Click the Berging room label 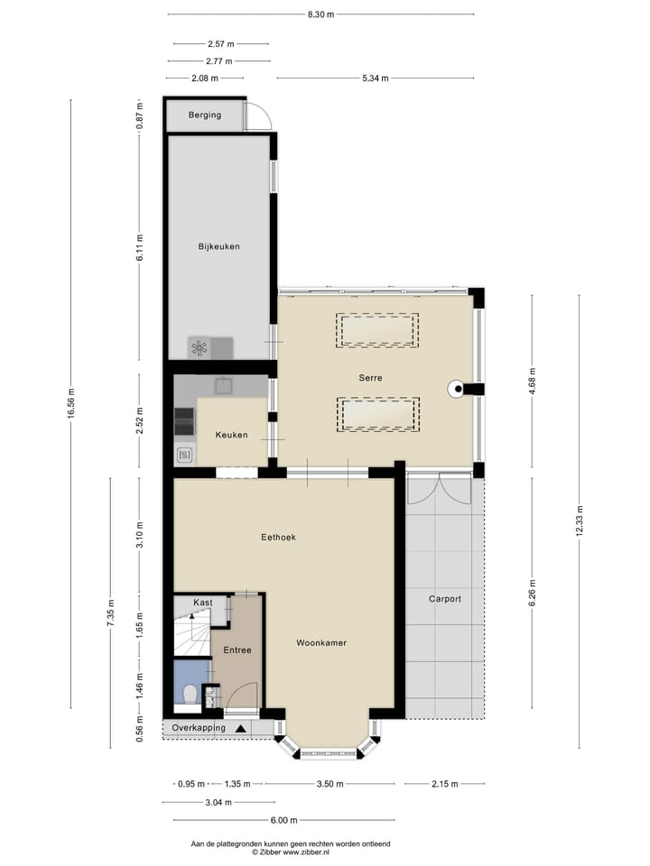(x=204, y=115)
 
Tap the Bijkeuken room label (x=218, y=246)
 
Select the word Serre (x=369, y=379)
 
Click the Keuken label (x=231, y=435)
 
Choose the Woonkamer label (x=321, y=643)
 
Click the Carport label (x=445, y=598)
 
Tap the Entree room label (x=237, y=649)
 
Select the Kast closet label (x=203, y=602)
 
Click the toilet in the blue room (x=190, y=695)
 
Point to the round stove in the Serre (x=458, y=390)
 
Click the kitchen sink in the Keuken (x=223, y=385)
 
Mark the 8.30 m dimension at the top (x=320, y=14)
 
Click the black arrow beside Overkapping (x=240, y=728)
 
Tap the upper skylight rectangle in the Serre (x=377, y=330)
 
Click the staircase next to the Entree (x=191, y=632)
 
